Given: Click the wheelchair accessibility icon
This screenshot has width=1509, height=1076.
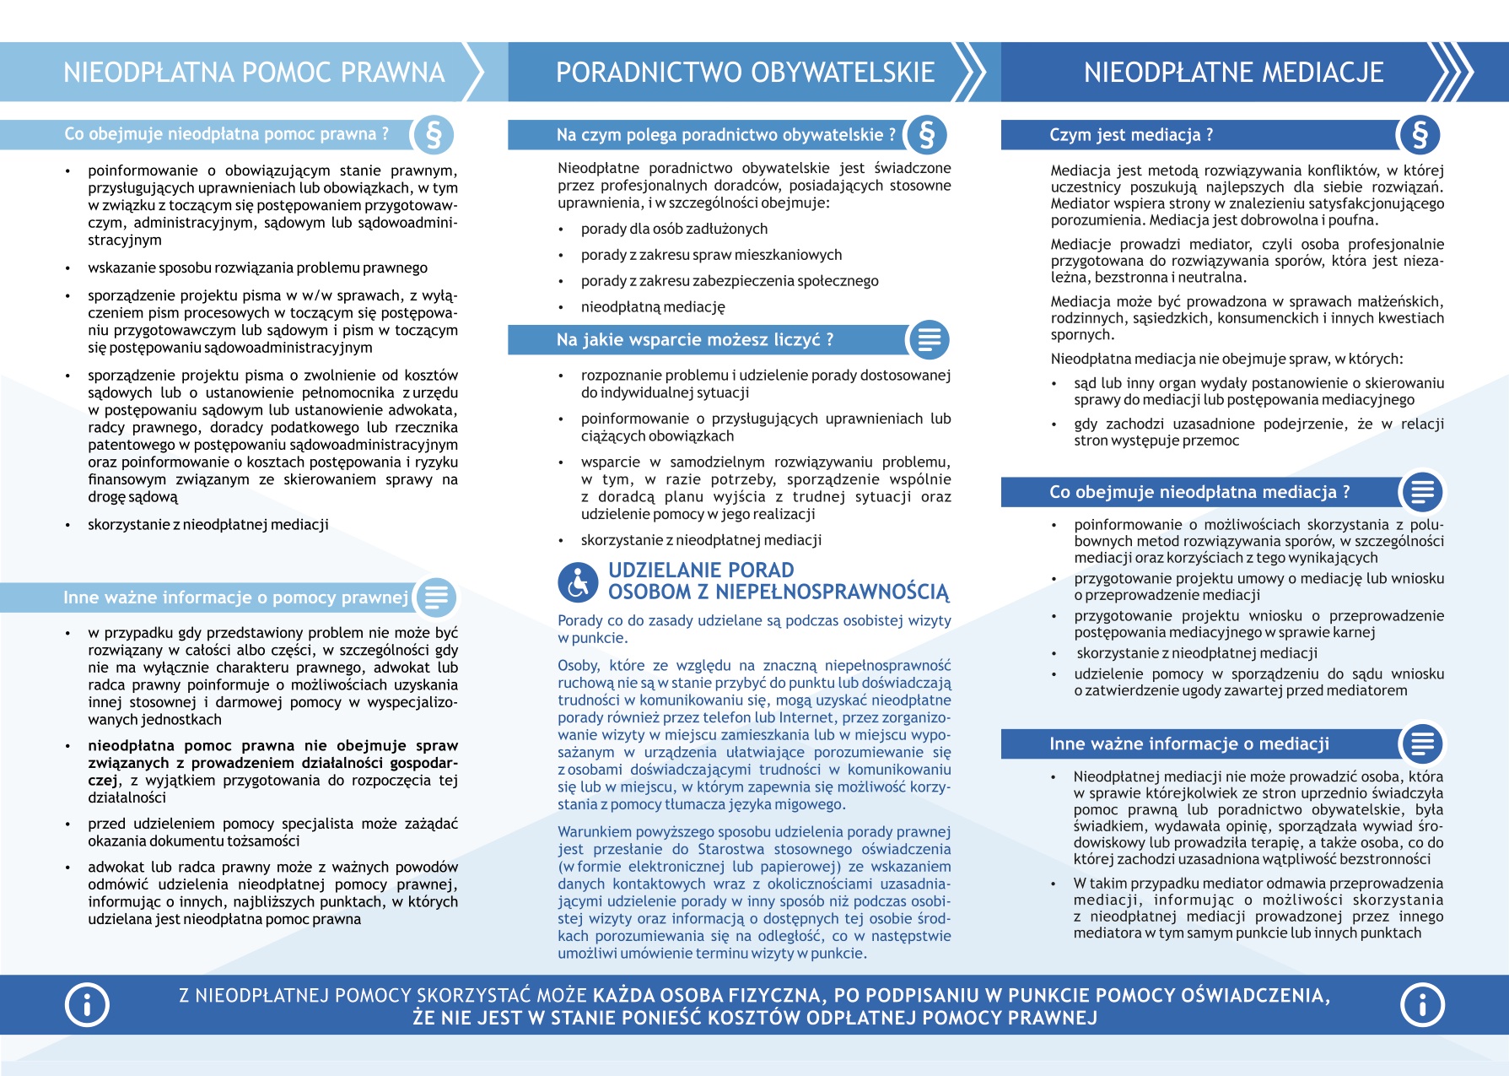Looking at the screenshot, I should tap(579, 582).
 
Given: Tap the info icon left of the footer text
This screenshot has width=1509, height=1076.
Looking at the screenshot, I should tap(87, 1004).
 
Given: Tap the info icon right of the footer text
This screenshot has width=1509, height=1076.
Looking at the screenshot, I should tap(1422, 1004).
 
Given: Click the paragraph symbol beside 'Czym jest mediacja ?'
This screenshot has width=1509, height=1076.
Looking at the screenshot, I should tap(1420, 135).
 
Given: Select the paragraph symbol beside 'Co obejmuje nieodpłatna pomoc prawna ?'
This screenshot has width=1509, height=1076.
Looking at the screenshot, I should tap(434, 134).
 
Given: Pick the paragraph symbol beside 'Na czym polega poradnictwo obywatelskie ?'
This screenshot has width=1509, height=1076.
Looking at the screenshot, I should tap(927, 135).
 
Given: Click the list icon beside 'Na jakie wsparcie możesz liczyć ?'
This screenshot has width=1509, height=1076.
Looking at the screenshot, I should tap(929, 340).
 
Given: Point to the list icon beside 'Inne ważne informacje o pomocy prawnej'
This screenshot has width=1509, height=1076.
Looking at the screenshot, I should tap(436, 597).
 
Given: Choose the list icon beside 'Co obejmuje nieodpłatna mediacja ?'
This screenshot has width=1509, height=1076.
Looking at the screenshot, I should tap(1422, 492).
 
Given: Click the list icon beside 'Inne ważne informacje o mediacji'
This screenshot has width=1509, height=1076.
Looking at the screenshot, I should tap(1422, 743).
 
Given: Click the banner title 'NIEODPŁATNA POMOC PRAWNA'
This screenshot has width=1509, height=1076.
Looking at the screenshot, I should tap(254, 73).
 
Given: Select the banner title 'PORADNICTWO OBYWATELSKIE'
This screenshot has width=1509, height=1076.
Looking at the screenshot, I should tap(745, 73).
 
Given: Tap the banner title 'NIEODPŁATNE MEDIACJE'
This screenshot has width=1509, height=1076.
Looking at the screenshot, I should tap(1233, 73).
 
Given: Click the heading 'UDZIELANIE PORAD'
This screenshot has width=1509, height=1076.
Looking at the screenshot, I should tap(701, 570).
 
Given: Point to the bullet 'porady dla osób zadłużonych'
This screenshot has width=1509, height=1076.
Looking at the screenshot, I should tap(674, 229).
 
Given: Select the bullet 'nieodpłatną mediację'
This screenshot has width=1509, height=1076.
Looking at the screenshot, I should tap(653, 307).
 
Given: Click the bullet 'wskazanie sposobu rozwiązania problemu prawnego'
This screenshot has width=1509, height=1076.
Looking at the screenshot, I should tap(257, 268).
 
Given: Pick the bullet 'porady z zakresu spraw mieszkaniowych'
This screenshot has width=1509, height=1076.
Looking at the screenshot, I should tap(711, 255).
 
